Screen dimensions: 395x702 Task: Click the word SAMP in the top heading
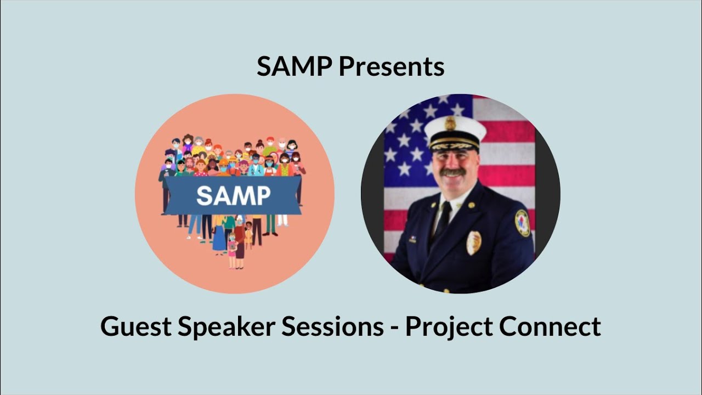click(295, 67)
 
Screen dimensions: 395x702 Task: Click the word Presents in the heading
click(391, 67)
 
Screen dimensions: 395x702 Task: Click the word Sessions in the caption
click(332, 327)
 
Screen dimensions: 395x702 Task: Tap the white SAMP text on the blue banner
click(233, 195)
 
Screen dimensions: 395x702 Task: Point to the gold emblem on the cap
click(450, 123)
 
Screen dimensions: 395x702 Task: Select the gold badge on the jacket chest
click(474, 242)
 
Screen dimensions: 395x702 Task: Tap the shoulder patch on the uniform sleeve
click(523, 223)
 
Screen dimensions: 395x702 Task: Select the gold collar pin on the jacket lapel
click(470, 206)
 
